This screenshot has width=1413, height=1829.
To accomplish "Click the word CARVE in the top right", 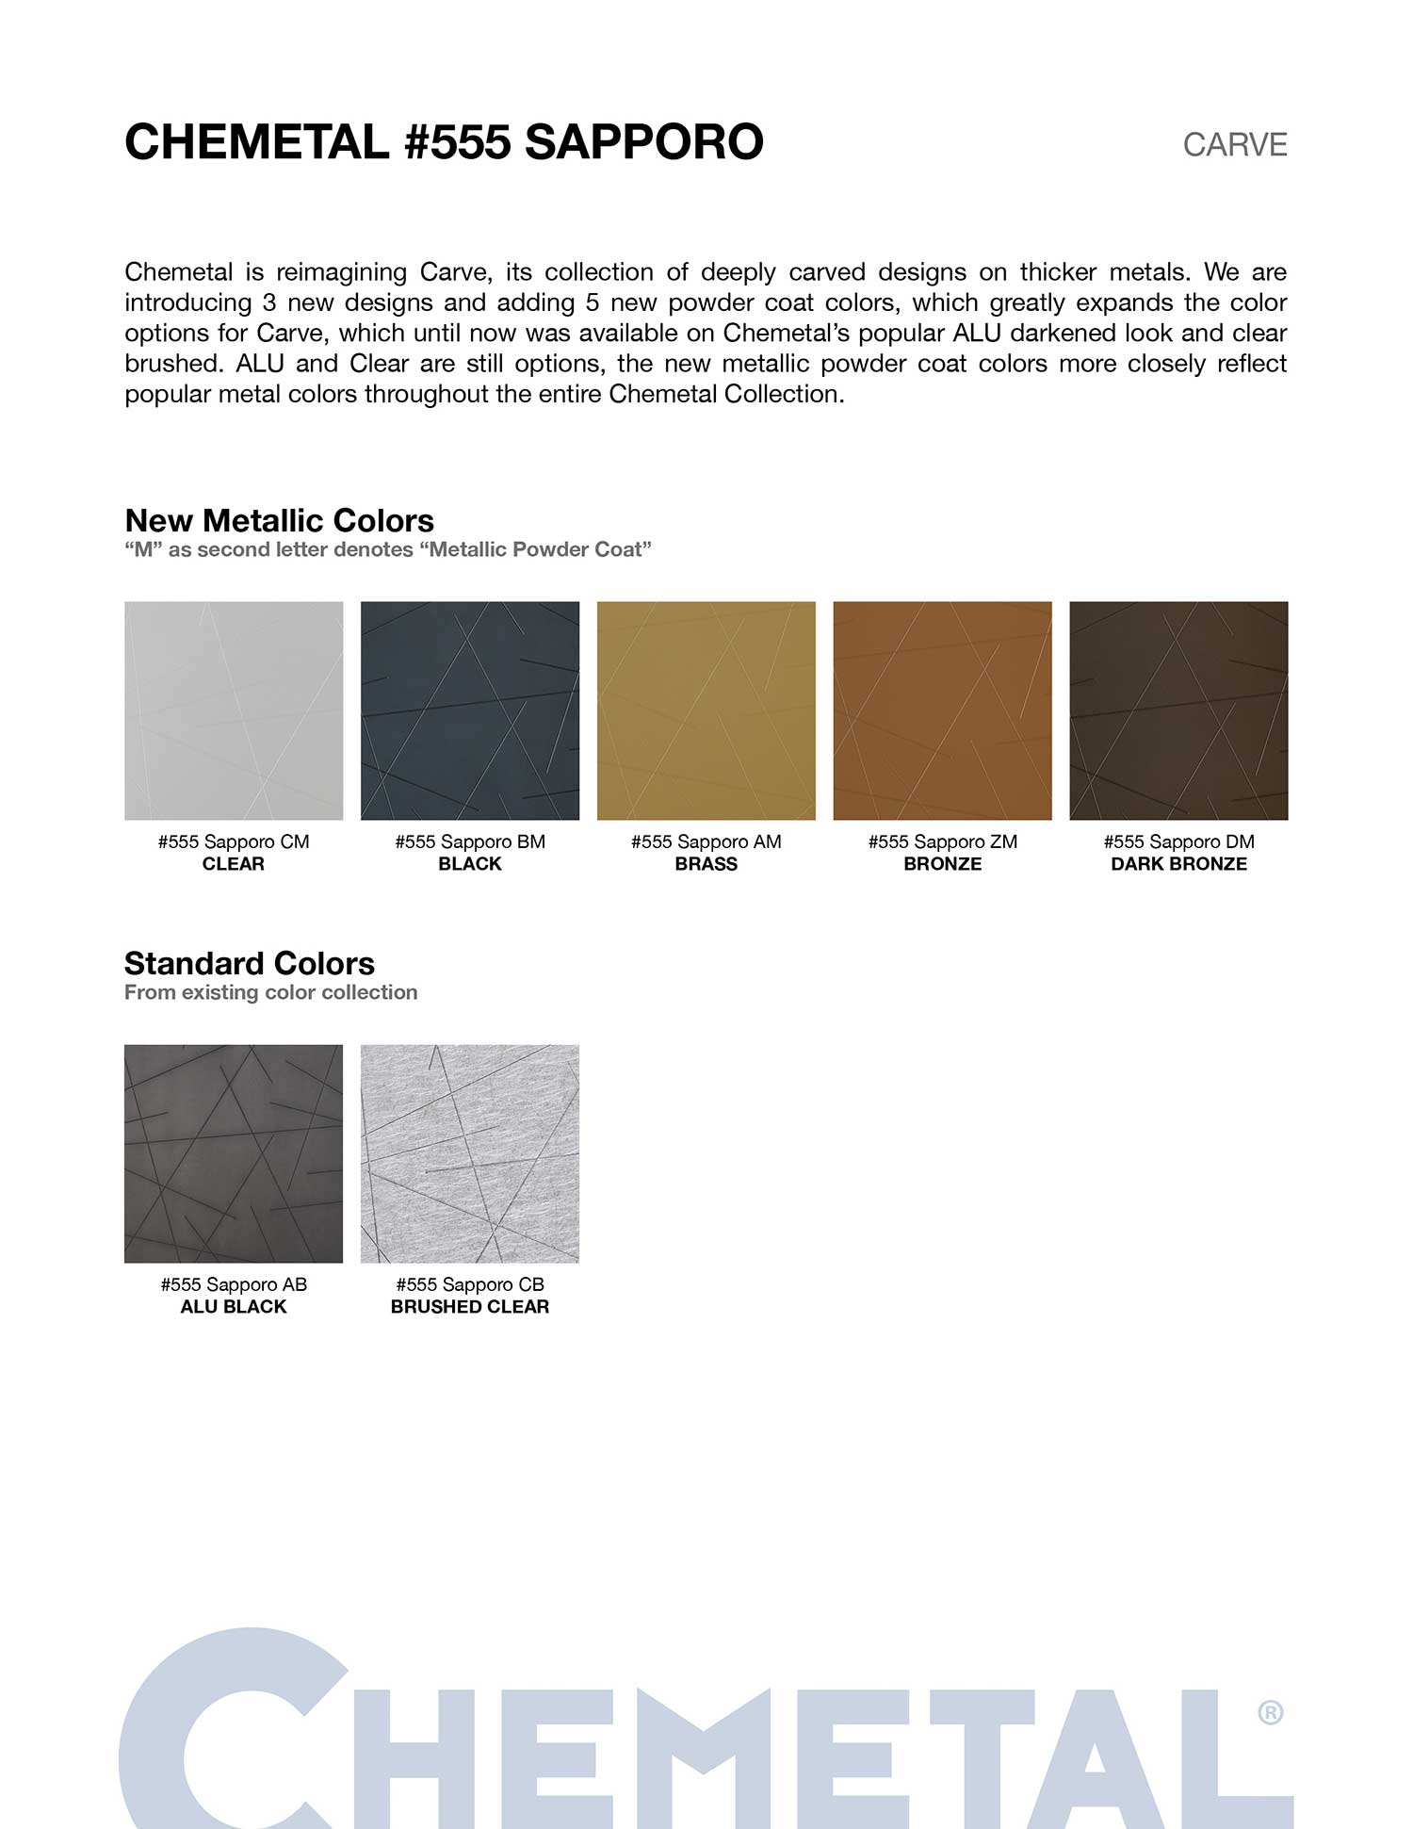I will pyautogui.click(x=1234, y=145).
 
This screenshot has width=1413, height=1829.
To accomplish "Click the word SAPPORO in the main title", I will pyautogui.click(x=643, y=142).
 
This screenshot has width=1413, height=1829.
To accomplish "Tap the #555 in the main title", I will pyautogui.click(x=457, y=142).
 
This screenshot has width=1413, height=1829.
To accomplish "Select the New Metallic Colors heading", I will pyautogui.click(x=279, y=520).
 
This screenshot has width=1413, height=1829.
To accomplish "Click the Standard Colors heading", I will pyautogui.click(x=250, y=963).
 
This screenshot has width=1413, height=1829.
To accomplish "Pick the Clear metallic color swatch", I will pyautogui.click(x=234, y=710).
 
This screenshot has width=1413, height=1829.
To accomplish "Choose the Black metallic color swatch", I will pyautogui.click(x=470, y=710).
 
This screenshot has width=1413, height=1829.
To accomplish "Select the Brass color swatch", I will pyautogui.click(x=706, y=710).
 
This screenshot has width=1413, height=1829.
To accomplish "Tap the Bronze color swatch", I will pyautogui.click(x=942, y=710).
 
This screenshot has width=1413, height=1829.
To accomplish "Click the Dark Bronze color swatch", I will pyautogui.click(x=1178, y=710).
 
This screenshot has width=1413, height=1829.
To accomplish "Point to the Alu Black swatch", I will pyautogui.click(x=234, y=1153).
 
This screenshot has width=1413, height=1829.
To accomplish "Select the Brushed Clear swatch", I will pyautogui.click(x=470, y=1153).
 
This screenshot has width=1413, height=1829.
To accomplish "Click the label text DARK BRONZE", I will pyautogui.click(x=1178, y=864).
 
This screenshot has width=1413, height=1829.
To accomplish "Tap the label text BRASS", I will pyautogui.click(x=706, y=864).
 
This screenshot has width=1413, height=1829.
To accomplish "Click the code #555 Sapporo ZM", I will pyautogui.click(x=942, y=841).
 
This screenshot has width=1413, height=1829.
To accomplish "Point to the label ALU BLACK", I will pyautogui.click(x=234, y=1307).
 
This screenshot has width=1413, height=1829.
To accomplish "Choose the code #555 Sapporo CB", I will pyautogui.click(x=470, y=1284).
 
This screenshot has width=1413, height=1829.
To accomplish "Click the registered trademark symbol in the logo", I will pyautogui.click(x=1270, y=1712).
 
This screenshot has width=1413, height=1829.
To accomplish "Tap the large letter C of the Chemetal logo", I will pyautogui.click(x=226, y=1734).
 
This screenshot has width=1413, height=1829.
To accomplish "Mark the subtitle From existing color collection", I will pyautogui.click(x=271, y=992).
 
